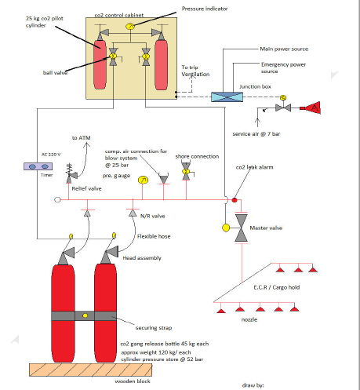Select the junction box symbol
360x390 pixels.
coord(233,97)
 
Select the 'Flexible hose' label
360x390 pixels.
coord(156,235)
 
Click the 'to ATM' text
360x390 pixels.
coord(82,138)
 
